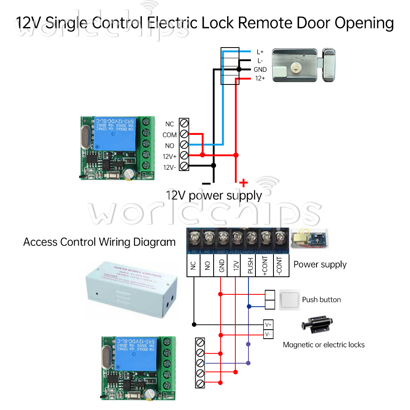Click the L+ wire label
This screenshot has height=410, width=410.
[x=260, y=52]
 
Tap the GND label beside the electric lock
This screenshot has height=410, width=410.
[x=260, y=70]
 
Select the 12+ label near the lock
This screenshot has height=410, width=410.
[x=260, y=78]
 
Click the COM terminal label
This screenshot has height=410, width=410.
[x=170, y=135]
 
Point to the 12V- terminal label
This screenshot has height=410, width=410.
[x=169, y=167]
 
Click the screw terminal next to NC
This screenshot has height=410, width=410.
[x=184, y=123]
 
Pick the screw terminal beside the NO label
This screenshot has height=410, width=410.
[x=184, y=145]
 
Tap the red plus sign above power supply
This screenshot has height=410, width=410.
[x=244, y=182]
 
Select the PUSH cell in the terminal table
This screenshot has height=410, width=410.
[x=249, y=265]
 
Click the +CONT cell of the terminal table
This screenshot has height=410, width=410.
[x=264, y=265]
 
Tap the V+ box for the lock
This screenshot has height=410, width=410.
[x=268, y=325]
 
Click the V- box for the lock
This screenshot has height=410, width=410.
[x=268, y=335]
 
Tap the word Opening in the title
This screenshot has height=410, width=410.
[x=364, y=23]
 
